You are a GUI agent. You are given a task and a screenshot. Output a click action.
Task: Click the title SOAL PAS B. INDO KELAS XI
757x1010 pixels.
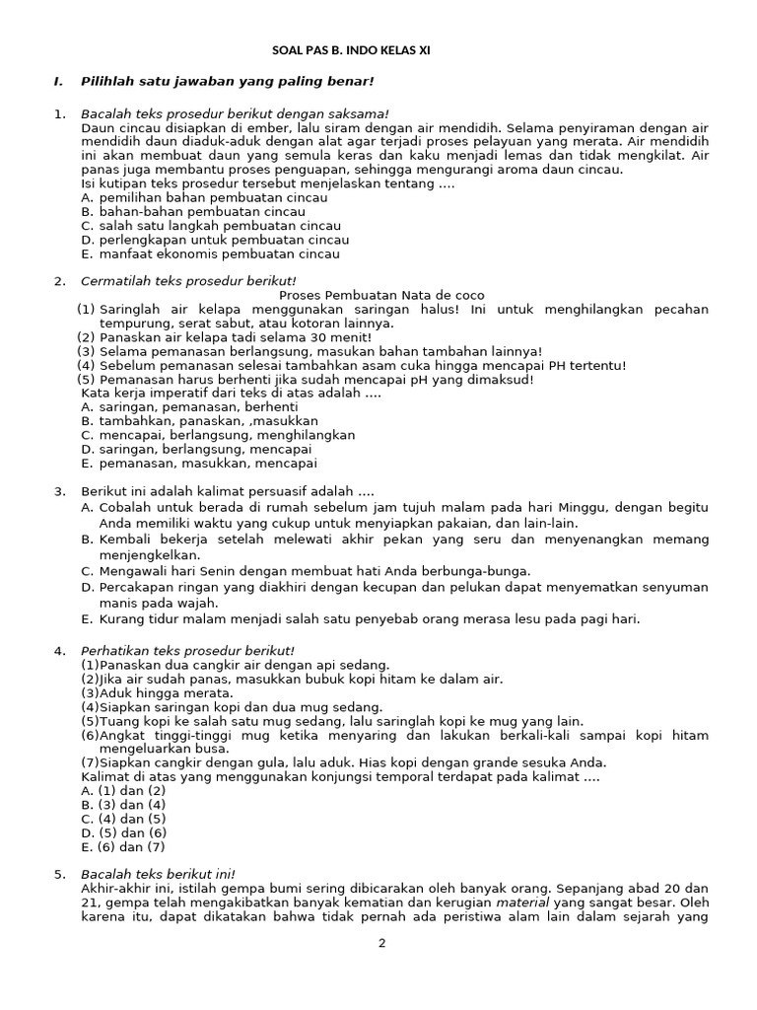click(x=351, y=50)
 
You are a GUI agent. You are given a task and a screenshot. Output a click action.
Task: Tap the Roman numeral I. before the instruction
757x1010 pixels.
click(x=58, y=81)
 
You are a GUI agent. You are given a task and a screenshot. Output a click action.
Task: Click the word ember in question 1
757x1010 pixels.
click(x=250, y=127)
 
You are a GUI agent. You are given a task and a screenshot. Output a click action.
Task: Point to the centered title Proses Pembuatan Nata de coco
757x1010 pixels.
click(x=381, y=296)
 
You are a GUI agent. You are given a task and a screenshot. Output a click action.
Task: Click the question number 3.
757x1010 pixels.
click(x=58, y=491)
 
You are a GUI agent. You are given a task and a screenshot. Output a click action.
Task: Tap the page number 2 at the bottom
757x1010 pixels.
click(x=381, y=943)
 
